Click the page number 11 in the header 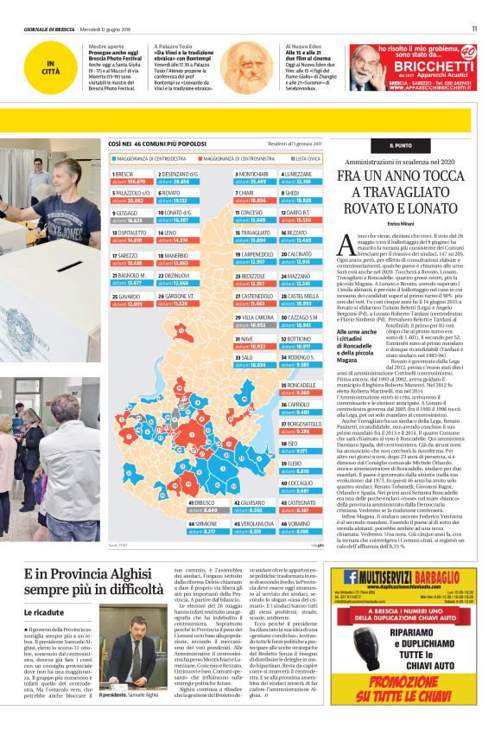pos(474,29)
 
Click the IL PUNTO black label pos(400,145)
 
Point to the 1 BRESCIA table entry pos(131,177)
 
